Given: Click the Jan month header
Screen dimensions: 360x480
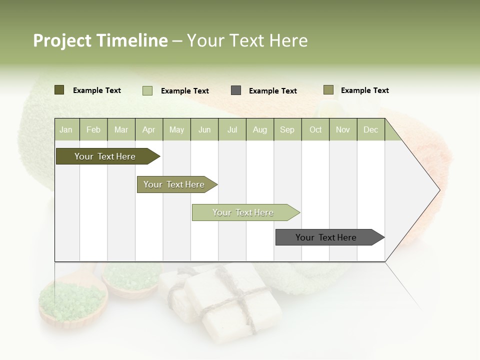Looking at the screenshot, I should [66, 129].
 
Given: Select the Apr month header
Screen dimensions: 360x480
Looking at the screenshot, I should [149, 129].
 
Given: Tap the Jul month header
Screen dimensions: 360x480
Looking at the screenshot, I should [232, 129].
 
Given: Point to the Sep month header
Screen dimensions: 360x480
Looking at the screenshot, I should [287, 129].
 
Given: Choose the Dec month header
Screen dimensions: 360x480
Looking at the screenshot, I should [370, 129].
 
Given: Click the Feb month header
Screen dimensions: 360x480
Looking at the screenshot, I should [93, 129].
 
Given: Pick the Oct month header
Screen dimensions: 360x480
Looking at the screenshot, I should [315, 129].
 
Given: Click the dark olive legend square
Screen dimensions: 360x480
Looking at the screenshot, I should [59, 90].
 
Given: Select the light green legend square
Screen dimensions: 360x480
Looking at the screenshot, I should [147, 90].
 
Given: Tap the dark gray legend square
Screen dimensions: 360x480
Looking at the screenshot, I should [236, 90].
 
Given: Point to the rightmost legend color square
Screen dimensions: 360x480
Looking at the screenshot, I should [328, 90].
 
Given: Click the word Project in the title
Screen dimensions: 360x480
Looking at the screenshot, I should [62, 40].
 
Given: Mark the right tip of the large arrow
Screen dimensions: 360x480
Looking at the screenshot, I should [439, 190].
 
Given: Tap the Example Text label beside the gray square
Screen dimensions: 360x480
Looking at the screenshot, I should [272, 91].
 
